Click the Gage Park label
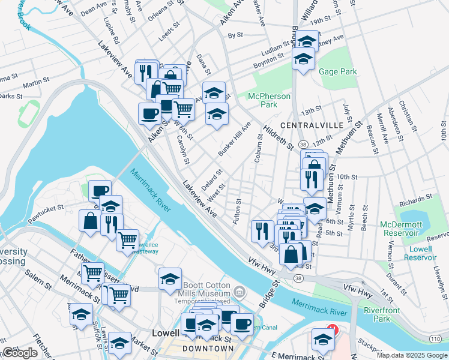[x=338, y=71]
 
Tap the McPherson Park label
[x=270, y=100]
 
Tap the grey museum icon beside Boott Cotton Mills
[x=240, y=292]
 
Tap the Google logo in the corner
[x=20, y=353]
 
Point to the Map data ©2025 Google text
[x=411, y=355]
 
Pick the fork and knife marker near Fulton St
[x=262, y=230]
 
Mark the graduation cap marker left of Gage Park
[x=303, y=58]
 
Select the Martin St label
[x=37, y=82]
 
